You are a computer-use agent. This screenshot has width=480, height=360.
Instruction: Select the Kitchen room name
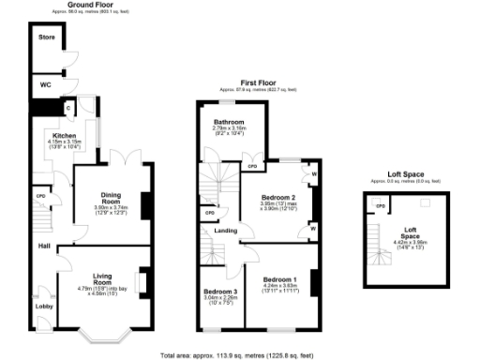click(x=51, y=134)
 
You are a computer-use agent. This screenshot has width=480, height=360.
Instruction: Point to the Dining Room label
click(x=112, y=198)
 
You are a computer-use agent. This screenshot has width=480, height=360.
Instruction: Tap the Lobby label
click(x=43, y=305)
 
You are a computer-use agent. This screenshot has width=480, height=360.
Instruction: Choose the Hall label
click(x=43, y=247)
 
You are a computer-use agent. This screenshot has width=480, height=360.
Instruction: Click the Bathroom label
click(x=229, y=122)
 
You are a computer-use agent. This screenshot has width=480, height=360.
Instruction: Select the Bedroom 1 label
click(x=280, y=279)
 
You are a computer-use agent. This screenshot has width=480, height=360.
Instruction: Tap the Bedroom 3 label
click(x=221, y=292)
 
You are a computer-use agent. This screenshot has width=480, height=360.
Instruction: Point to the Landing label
click(x=224, y=230)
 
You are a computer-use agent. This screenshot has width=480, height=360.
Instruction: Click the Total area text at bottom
click(x=240, y=355)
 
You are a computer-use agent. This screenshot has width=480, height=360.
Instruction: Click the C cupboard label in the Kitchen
click(x=68, y=109)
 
